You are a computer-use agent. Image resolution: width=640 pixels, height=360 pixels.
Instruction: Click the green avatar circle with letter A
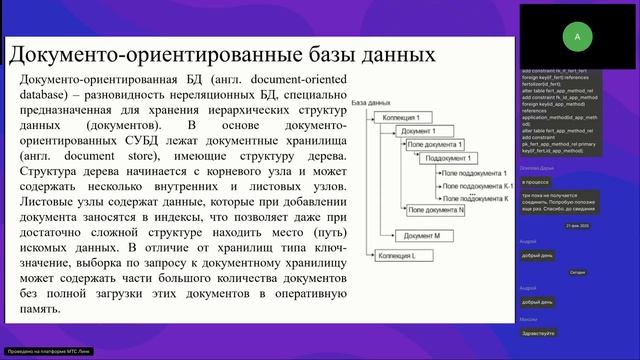click(x=577, y=35)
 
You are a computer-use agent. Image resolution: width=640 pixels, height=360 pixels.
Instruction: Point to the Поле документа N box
click(x=436, y=210)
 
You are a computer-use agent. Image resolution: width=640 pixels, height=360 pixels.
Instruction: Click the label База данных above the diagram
click(x=373, y=104)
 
